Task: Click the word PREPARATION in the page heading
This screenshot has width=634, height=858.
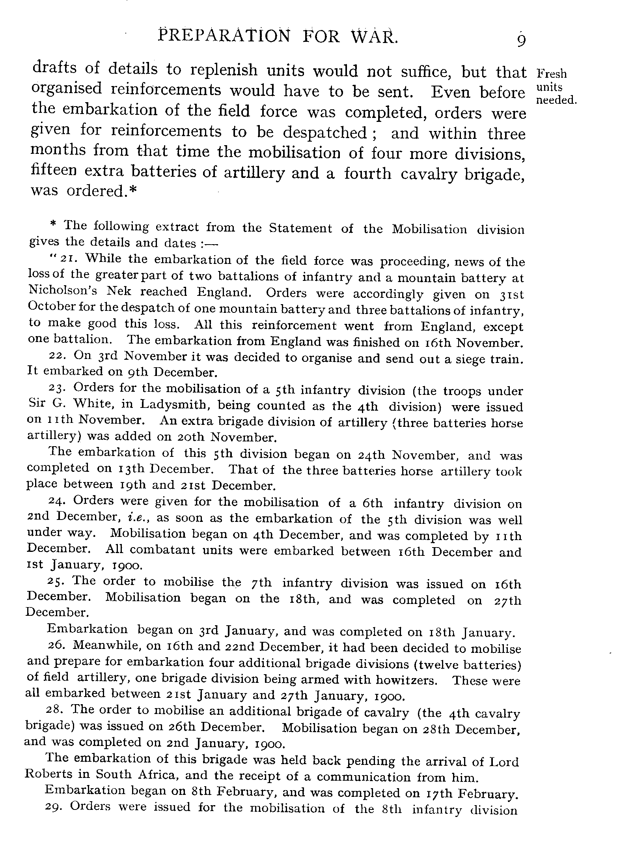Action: [224, 36]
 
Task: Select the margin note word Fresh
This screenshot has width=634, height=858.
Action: [552, 74]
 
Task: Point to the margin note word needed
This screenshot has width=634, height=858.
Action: [556, 100]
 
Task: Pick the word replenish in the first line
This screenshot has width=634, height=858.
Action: [223, 70]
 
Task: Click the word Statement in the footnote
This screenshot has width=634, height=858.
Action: [300, 228]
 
